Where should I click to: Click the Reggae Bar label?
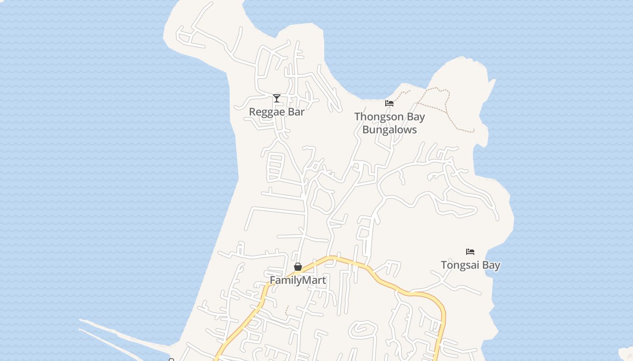[x=277, y=112]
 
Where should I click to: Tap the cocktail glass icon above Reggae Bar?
[x=277, y=98]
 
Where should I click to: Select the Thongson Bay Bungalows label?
[x=389, y=123]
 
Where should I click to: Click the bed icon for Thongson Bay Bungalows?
[x=389, y=103]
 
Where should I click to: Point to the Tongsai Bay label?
[x=470, y=265]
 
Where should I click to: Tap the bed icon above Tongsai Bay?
[x=470, y=252]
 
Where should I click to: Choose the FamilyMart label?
[x=298, y=280]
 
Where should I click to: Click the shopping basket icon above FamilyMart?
[x=298, y=267]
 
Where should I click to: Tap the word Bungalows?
[x=389, y=130]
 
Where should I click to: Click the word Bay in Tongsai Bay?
[x=491, y=265]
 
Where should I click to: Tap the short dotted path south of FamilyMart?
[x=287, y=310]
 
